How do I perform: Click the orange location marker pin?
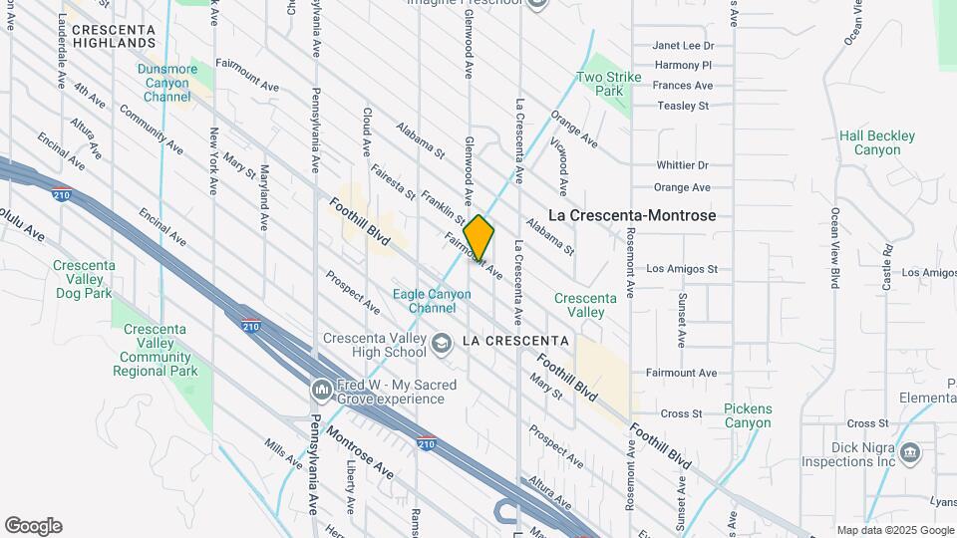coord(478,238)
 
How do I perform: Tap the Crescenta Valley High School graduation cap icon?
coord(439,341)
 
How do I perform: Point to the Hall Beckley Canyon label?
coord(869,142)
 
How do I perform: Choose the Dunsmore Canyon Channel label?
coord(166,83)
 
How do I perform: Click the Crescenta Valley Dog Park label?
coord(84,279)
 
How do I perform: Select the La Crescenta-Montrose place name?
coord(632,215)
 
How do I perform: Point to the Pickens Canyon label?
coord(748,415)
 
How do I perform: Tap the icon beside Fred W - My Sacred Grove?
coord(321,389)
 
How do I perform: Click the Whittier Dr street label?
coord(682,165)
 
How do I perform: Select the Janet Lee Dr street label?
coord(683,46)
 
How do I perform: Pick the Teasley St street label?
coord(682,106)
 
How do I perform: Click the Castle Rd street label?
coord(886,266)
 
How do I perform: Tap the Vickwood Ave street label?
coord(564,172)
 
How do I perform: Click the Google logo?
coord(33,526)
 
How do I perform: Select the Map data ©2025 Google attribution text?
coord(894,530)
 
